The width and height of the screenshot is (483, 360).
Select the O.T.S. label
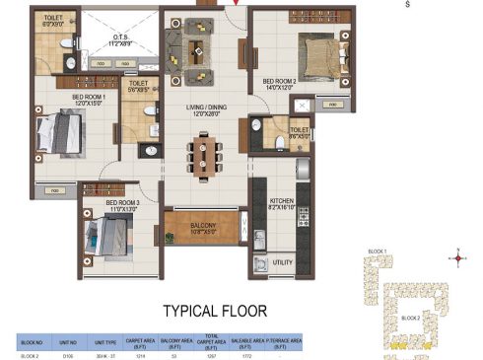coord(120,41)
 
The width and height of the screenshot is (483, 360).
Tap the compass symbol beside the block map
coord(456,259)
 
